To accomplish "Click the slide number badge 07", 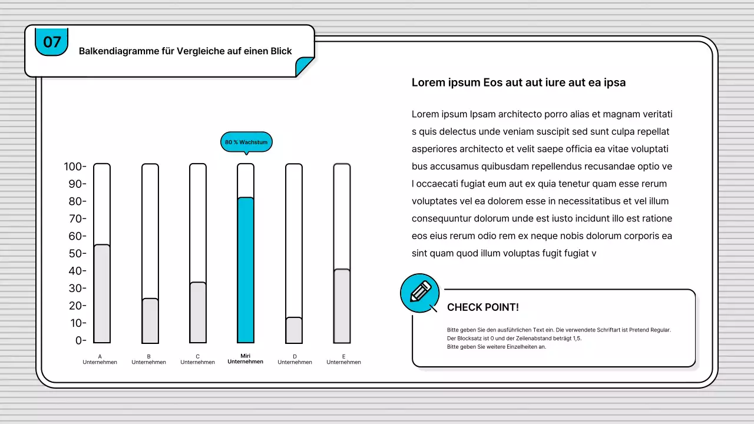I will point(52,42).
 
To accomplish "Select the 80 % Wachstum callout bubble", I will point(246,142).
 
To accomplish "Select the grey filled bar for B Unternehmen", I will point(150,320).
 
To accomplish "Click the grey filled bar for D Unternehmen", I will point(294,330).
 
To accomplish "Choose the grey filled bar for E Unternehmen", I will point(342,306).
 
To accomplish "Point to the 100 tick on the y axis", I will point(75,167).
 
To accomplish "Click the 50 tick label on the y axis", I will point(75,253).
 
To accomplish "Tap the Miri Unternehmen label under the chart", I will point(246,359).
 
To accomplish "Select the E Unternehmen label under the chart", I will point(343,359).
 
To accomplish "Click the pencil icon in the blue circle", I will point(420,292).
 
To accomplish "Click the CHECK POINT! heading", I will point(482,307).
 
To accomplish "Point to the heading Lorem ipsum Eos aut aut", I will point(518,82).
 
